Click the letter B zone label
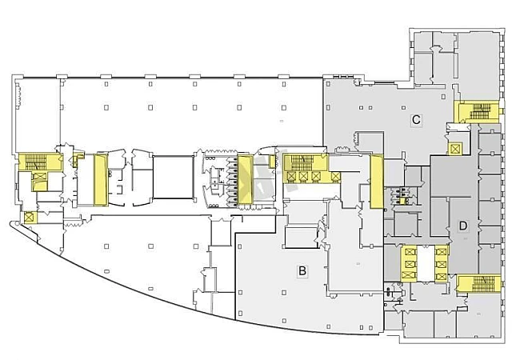point(302,270)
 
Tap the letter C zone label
point(416,120)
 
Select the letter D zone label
point(462,226)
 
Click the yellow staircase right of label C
point(479,111)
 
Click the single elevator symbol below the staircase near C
point(455,148)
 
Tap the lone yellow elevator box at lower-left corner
point(29,216)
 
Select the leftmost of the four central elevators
point(292,176)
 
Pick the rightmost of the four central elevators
point(318,176)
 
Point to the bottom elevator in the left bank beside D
point(410,274)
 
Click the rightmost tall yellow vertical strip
point(376,180)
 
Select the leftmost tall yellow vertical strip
point(101,179)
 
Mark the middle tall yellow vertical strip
point(245,179)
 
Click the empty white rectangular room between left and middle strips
point(173,178)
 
